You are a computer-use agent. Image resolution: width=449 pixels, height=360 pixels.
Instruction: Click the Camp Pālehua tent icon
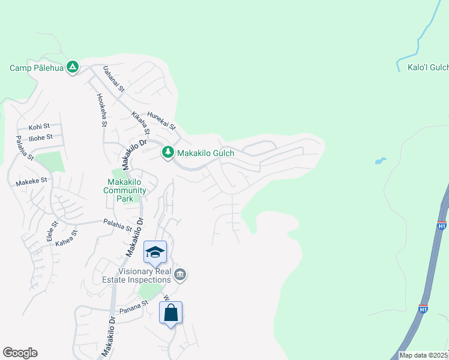72,67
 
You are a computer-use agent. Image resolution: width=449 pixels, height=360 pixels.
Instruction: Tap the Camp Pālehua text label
36,67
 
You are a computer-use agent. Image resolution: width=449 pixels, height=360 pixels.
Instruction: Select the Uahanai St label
113,78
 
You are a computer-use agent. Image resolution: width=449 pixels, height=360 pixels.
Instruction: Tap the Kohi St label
39,127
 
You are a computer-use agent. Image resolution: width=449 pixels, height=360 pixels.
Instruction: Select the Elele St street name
51,232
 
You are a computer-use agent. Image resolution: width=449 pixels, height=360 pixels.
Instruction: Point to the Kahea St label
67,238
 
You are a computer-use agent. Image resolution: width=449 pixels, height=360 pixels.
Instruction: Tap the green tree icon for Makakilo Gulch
168,153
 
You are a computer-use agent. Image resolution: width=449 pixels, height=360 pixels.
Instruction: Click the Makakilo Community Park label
125,187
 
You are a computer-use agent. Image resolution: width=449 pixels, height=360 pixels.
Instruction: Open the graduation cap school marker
155,253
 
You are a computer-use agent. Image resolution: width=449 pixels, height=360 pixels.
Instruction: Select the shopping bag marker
170,313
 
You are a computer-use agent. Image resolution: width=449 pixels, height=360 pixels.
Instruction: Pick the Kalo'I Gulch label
427,67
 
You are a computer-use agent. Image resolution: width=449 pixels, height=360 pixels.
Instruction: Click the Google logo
20,353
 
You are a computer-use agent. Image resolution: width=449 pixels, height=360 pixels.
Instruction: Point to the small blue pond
381,161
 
